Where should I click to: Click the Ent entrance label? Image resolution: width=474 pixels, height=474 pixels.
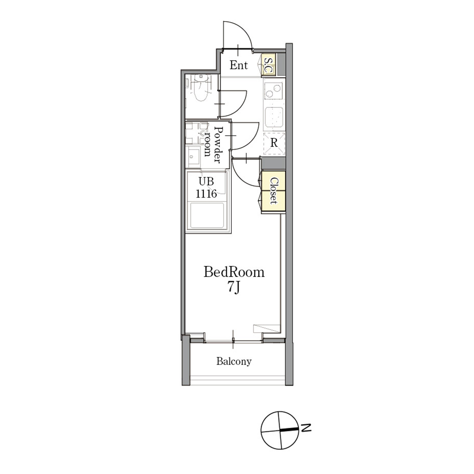238,65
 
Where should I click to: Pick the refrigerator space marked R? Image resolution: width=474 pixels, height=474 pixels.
274,144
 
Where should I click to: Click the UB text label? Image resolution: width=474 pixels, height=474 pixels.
206,181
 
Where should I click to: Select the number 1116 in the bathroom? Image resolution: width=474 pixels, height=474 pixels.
206,194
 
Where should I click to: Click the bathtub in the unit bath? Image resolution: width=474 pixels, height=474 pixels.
207,216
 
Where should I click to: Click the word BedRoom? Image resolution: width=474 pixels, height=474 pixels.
234,272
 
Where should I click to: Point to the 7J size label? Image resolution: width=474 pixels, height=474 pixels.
234,287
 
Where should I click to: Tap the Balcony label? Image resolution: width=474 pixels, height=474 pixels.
234,361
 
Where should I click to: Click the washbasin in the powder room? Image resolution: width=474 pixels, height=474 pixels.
193,156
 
